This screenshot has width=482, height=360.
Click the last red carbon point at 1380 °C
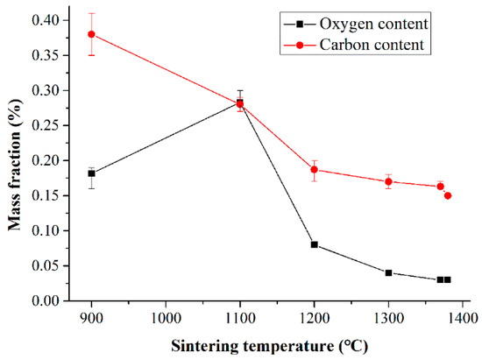click(x=448, y=195)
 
